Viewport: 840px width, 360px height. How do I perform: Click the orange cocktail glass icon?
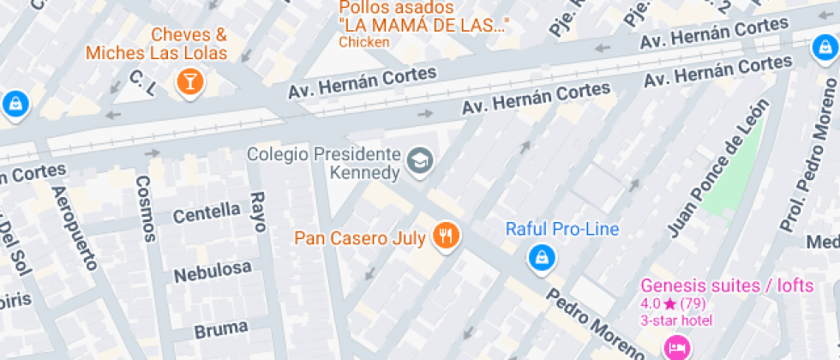(x=189, y=82)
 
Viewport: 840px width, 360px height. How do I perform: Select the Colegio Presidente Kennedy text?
(x=324, y=164)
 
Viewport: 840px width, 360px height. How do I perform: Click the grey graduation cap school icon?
(x=419, y=160)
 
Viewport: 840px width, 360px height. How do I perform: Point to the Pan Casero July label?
(x=360, y=238)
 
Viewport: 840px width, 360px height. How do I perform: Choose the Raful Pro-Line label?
(x=561, y=229)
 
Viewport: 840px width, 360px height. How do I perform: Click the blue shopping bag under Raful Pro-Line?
(x=540, y=256)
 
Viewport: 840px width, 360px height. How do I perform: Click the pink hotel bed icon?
(x=676, y=347)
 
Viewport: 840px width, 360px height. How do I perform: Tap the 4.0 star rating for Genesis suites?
(x=673, y=303)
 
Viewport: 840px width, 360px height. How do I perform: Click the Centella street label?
(x=207, y=212)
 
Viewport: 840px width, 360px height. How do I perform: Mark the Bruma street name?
(x=220, y=327)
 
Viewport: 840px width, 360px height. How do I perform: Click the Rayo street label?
(x=257, y=212)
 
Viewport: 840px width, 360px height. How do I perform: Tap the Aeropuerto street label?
(x=75, y=227)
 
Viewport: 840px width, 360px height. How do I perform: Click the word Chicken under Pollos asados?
(x=364, y=41)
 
